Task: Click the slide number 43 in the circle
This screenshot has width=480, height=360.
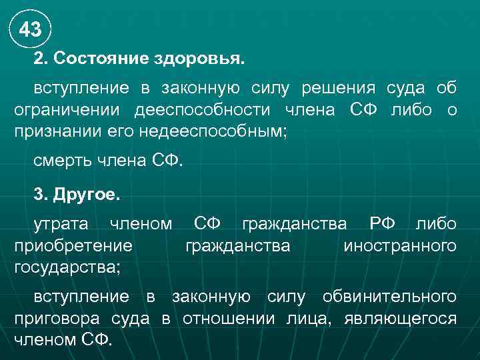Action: click(x=30, y=29)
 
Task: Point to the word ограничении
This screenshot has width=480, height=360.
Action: click(x=68, y=110)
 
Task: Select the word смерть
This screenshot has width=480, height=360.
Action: click(x=65, y=160)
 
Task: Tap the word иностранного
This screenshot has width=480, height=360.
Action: click(x=400, y=246)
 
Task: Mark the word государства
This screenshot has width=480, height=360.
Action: click(x=67, y=267)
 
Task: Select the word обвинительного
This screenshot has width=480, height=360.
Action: click(x=390, y=296)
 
